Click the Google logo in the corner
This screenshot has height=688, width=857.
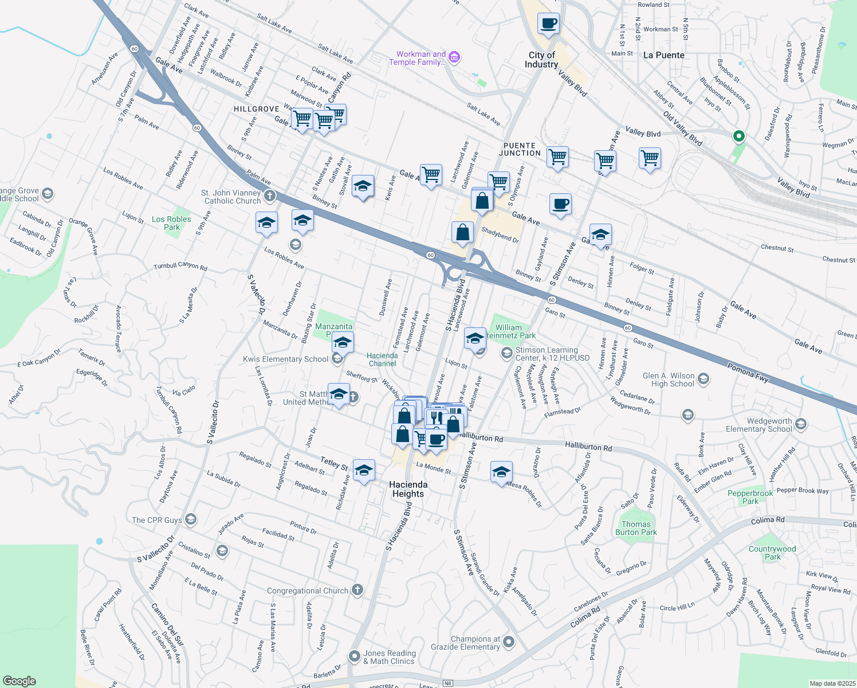coord(19,681)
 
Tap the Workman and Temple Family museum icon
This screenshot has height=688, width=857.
coord(455,57)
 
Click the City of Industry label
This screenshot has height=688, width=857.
coord(541,60)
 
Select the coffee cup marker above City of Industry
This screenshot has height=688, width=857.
coord(548,24)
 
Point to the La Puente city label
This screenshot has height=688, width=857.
coord(664,56)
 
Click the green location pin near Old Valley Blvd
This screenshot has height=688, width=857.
coord(739,136)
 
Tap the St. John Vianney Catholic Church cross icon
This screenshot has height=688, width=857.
coord(269,196)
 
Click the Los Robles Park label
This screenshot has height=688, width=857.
coord(171,223)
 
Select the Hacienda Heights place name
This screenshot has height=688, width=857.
coord(408,489)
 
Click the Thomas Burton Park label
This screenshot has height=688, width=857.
coord(636,528)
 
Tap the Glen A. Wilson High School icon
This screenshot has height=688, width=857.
coord(703,379)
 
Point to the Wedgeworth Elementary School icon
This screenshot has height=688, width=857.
coord(801,424)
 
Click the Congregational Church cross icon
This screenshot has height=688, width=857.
coord(357,589)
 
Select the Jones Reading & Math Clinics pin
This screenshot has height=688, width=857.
coord(355,656)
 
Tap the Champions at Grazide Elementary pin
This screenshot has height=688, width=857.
coord(508,642)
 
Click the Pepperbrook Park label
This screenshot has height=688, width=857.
coord(750,497)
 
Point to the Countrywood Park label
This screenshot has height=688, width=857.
coord(772,553)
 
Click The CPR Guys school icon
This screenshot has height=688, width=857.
coord(191,519)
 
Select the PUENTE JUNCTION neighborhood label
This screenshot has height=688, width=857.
coord(520,150)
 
